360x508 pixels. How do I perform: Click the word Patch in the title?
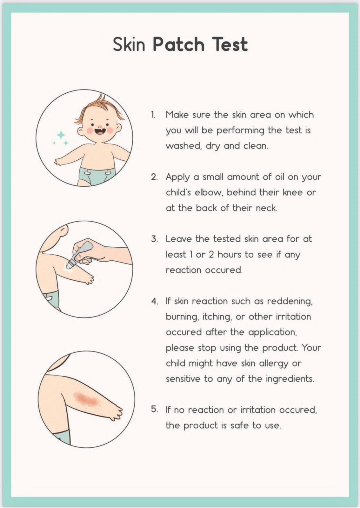tap(178, 44)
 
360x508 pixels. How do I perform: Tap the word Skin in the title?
tap(129, 44)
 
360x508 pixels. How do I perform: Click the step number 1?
tap(153, 115)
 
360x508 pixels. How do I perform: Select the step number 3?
tap(154, 239)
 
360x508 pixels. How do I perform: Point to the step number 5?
tap(154, 409)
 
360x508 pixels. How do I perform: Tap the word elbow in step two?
tap(208, 192)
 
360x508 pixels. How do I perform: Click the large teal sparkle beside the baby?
tap(61, 135)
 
